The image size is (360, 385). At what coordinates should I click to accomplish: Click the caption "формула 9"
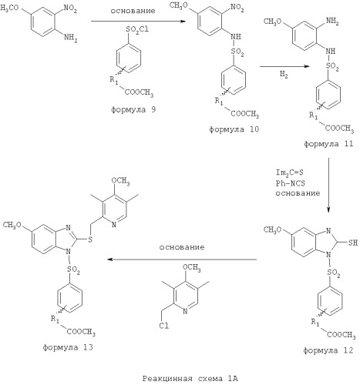coord(133,110)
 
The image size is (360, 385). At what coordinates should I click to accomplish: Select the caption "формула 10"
coord(234,129)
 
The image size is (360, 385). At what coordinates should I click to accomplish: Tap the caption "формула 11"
coord(328,144)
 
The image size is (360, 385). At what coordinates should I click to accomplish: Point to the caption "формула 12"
coord(328,350)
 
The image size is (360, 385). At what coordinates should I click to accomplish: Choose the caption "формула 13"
coord(68,347)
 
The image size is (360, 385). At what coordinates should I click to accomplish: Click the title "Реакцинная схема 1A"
coord(190,378)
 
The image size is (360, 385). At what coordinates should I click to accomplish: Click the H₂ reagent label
coord(284,75)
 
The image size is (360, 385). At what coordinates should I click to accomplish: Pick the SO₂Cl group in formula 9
coord(137,29)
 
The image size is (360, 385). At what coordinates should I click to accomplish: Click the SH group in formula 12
coord(353,243)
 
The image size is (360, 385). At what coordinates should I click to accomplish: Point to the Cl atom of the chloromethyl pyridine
coord(164,326)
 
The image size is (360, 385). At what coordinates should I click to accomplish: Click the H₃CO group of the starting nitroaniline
coord(9,8)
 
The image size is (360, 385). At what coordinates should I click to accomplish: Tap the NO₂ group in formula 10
coord(237,8)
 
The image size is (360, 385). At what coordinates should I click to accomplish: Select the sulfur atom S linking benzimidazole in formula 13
coord(89,240)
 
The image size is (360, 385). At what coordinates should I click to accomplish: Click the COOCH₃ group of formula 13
coord(81,332)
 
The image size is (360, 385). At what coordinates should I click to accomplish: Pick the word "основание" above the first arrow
coord(133,11)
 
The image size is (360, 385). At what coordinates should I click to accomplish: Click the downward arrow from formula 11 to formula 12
coord(328,185)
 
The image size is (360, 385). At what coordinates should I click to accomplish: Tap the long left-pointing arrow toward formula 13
coord(182,259)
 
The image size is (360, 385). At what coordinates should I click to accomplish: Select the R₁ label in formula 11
coord(314,115)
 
